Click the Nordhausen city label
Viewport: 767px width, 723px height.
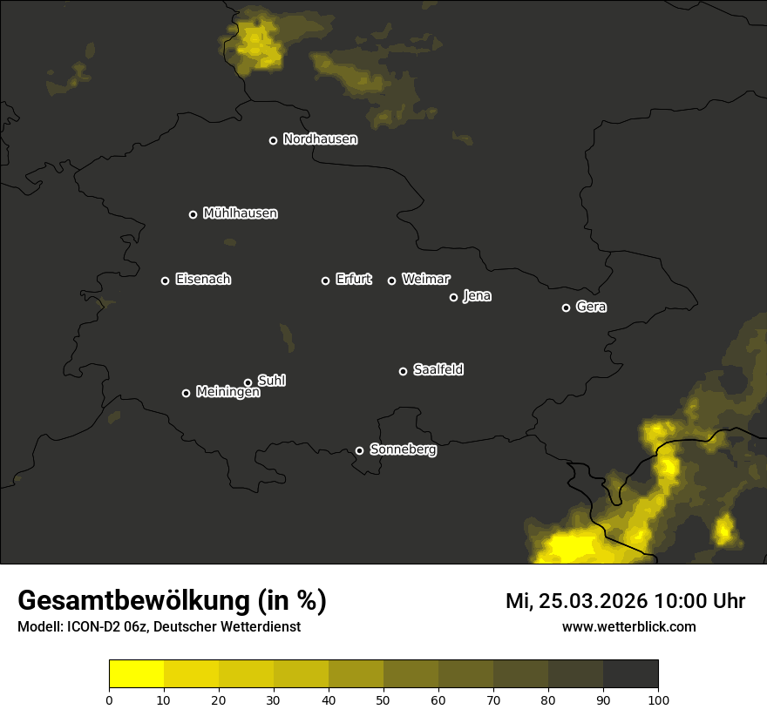320,139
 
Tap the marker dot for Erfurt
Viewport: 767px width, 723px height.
326,280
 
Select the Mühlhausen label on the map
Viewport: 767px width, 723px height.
240,213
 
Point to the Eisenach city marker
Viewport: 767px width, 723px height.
165,280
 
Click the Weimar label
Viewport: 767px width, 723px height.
425,280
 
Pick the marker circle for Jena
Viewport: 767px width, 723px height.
453,297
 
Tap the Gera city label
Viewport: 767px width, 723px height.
591,307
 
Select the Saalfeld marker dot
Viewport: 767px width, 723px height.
403,371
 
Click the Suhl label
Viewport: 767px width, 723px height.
272,381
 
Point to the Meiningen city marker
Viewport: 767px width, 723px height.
186,393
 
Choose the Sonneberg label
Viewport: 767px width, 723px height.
403,449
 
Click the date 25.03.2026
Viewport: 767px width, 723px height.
593,601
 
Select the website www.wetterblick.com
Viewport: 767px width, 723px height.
628,627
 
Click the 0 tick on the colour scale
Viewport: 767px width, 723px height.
109,699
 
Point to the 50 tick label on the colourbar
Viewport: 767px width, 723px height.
383,699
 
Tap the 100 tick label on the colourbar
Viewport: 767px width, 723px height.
658,699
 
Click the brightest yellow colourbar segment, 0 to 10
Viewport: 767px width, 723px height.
136,673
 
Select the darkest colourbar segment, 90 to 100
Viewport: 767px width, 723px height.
630,673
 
